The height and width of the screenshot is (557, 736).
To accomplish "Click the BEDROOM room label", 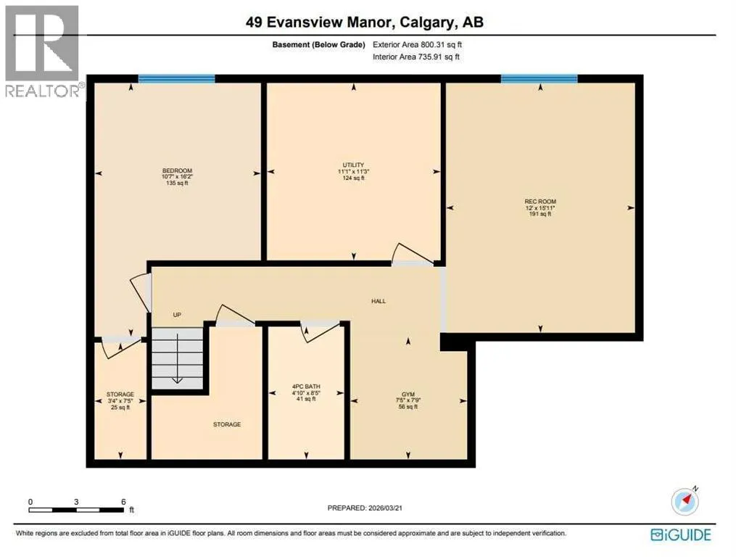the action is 178,170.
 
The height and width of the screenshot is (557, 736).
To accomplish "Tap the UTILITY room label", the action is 353,165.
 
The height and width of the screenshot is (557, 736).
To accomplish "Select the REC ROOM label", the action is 540,202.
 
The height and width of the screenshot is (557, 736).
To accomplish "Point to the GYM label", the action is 408,395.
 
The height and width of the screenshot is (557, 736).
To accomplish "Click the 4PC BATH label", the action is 306,387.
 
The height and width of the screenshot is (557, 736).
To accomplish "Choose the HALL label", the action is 379,301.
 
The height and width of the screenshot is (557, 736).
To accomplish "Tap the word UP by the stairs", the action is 177,315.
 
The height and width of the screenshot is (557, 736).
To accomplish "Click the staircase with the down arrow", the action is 178,358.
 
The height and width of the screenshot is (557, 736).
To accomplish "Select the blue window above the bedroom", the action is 176,79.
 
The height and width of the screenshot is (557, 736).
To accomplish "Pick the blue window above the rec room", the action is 539,79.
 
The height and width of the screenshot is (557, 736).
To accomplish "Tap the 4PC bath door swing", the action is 320,331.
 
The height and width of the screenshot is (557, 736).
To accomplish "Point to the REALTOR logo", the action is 44,51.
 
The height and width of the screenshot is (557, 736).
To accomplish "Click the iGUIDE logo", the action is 681,535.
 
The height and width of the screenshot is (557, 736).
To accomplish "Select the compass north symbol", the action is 685,500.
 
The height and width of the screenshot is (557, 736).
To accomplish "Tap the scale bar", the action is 76,510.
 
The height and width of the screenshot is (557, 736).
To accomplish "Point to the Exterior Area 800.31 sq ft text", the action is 417,45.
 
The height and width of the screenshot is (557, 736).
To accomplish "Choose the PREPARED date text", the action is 365,508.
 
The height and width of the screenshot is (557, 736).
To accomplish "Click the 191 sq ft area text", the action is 540,214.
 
